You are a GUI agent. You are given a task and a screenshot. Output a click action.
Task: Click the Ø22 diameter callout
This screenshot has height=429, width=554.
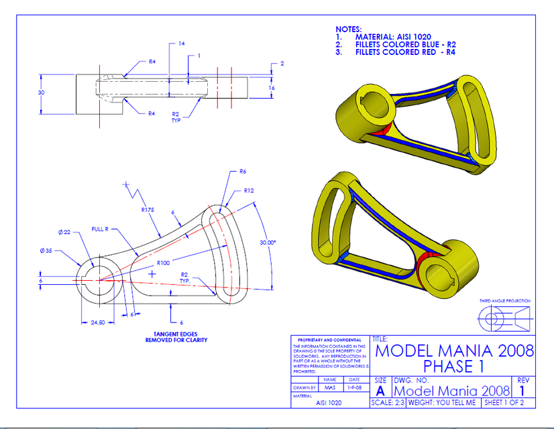[x=64, y=232]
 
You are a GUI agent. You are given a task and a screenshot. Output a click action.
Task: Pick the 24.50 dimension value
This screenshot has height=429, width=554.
[x=99, y=322]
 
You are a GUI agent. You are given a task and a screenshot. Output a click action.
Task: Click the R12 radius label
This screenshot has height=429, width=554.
[x=250, y=190]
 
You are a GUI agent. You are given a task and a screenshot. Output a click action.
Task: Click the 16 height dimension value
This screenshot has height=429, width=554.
[x=272, y=88]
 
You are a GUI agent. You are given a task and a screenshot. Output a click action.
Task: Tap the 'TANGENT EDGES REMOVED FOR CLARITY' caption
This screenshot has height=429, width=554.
[x=176, y=336]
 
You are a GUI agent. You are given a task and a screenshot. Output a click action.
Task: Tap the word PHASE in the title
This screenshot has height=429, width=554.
[x=447, y=367]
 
